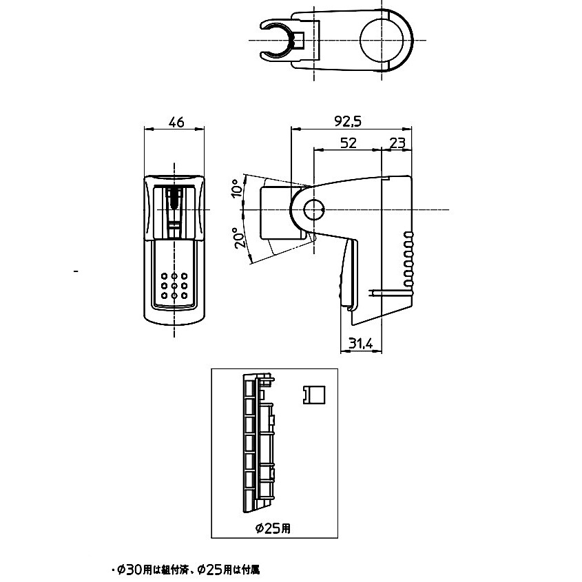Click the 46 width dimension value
pos(176,122)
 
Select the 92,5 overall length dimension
pos(348,121)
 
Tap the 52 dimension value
pos(348,143)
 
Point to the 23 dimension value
pos(397,143)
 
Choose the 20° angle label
pos(240,238)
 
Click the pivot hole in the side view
pos(314,210)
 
